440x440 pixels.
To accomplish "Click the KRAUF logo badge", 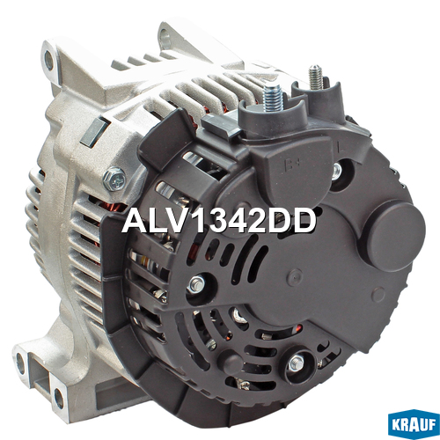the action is (x=414, y=424).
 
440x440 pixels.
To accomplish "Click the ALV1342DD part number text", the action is (x=219, y=221).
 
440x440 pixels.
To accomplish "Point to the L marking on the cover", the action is (x=341, y=148).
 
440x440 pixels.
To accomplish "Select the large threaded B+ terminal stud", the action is (x=273, y=97).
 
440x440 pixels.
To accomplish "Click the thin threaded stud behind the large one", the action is (x=316, y=77).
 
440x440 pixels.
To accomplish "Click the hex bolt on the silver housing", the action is (x=114, y=179).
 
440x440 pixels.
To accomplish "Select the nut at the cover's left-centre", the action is (x=197, y=284).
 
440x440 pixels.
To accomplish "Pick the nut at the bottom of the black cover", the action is (x=297, y=363).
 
